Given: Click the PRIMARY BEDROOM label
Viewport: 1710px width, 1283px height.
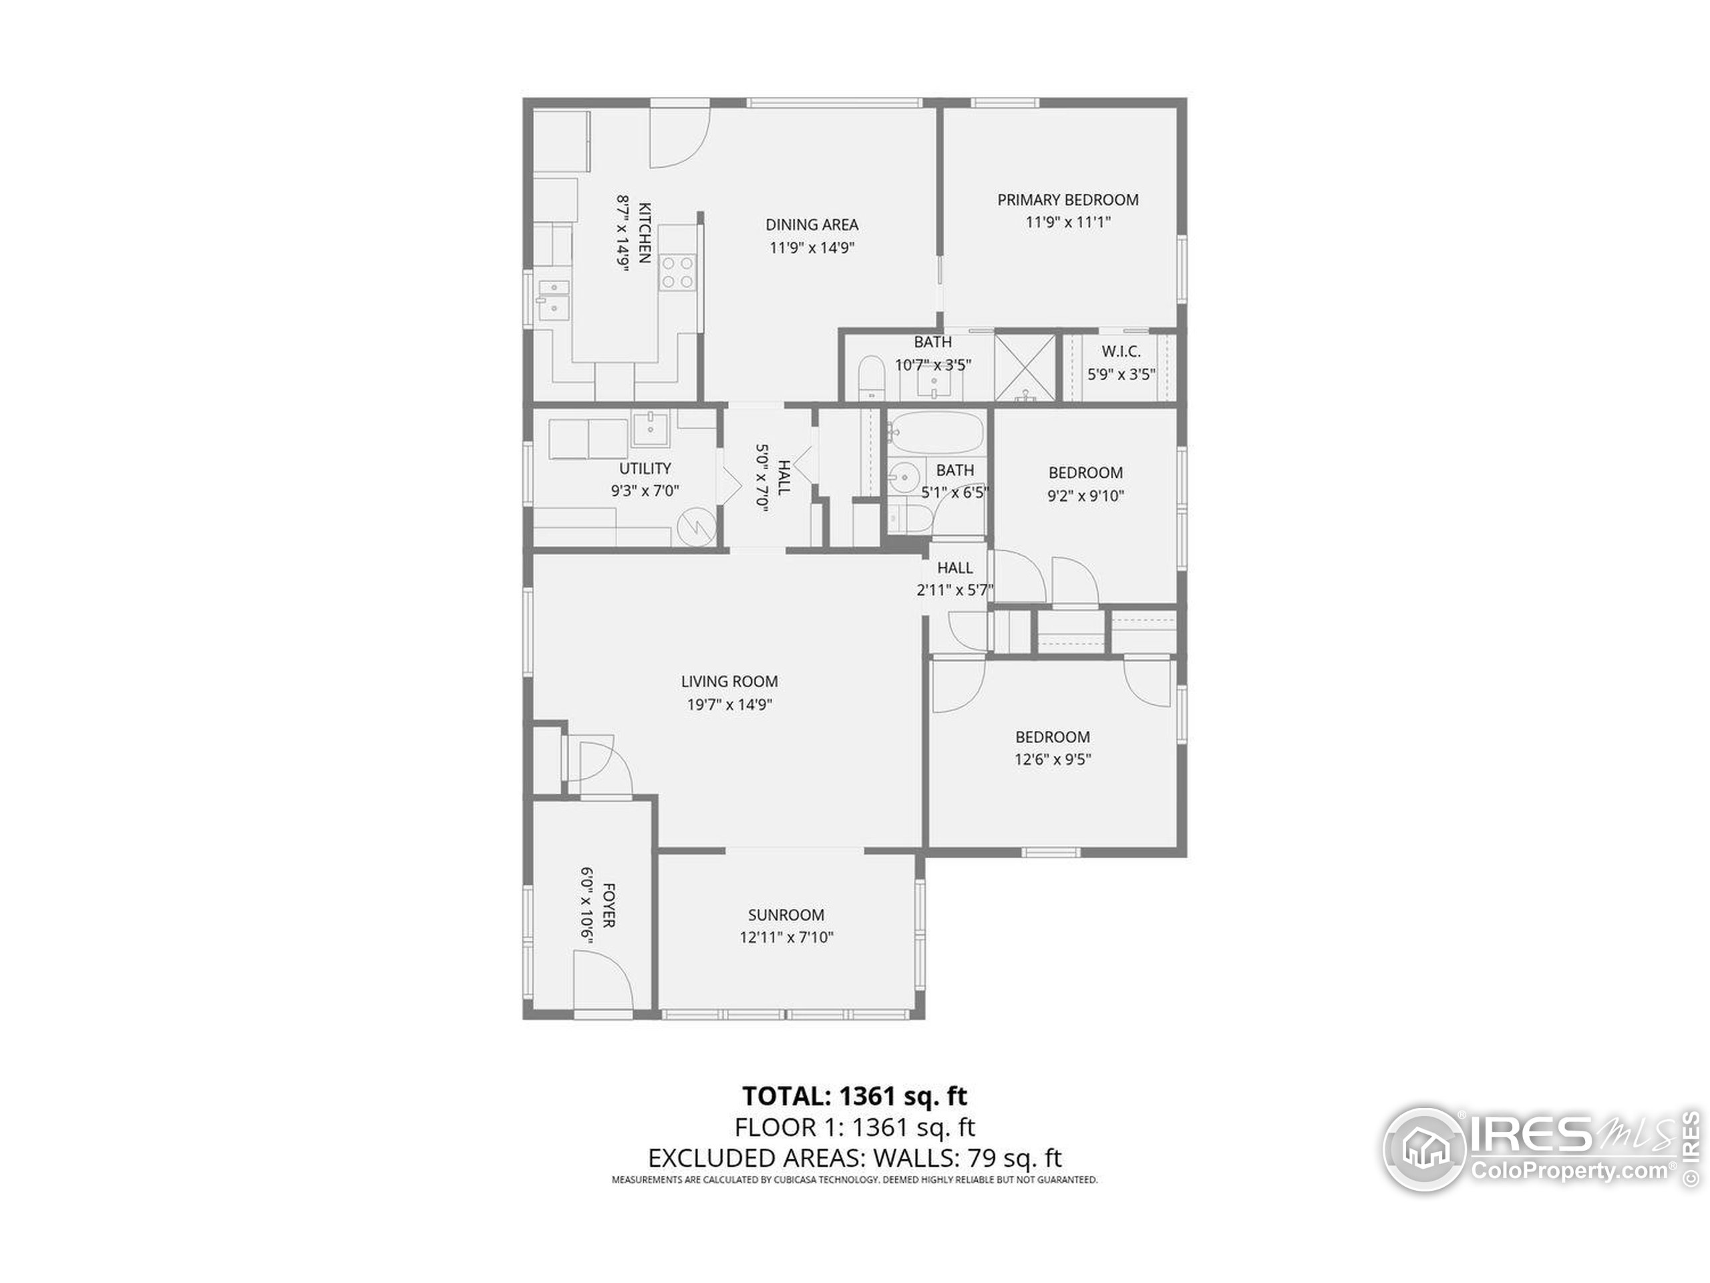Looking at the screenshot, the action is [x=1067, y=200].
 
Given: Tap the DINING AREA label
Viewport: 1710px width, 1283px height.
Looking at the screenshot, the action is [x=812, y=225].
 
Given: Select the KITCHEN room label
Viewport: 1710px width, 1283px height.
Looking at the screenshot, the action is [x=645, y=233].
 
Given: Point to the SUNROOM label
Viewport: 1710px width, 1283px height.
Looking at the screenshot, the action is [x=786, y=915].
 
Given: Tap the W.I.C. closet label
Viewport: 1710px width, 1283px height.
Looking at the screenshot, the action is [x=1121, y=351].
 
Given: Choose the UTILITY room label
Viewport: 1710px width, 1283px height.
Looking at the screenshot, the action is [x=645, y=468].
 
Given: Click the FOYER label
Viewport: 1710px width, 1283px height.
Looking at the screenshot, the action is [x=609, y=905].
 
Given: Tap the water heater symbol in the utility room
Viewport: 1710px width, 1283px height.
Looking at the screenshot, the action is [x=697, y=528].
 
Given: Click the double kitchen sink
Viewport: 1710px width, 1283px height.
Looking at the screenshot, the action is [x=554, y=299].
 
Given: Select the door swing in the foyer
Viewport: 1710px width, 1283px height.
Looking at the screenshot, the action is [x=603, y=980].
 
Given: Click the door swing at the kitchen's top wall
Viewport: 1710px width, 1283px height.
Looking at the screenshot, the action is [x=679, y=137].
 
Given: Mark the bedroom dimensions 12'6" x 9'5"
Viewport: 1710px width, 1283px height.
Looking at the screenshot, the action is [x=1052, y=759].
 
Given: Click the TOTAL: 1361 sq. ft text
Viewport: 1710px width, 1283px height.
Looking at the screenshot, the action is [x=854, y=1096].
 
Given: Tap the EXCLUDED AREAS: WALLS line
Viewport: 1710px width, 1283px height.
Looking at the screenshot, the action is [x=854, y=1158].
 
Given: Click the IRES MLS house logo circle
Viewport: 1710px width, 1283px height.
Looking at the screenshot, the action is [x=1424, y=1149].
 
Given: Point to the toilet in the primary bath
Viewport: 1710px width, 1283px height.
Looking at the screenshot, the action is [x=871, y=378].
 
